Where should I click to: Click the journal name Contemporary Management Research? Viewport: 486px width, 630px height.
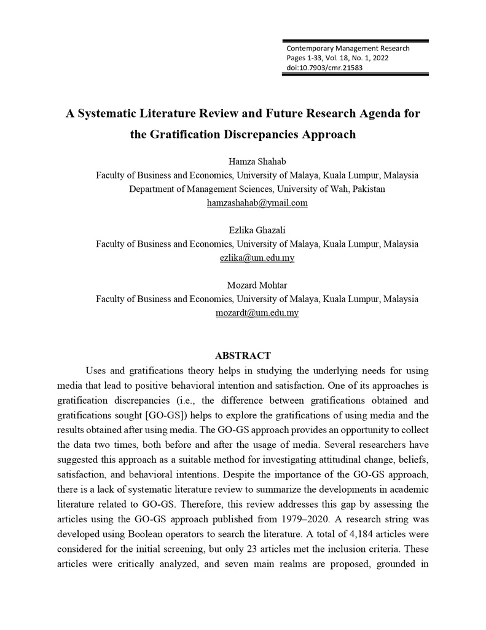click(348, 48)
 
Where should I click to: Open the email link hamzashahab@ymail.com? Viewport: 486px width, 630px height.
click(257, 203)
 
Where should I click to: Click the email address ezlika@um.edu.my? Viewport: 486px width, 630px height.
click(257, 258)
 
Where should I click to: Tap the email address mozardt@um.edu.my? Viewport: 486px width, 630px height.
click(257, 313)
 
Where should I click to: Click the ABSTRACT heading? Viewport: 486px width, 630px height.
click(243, 356)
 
